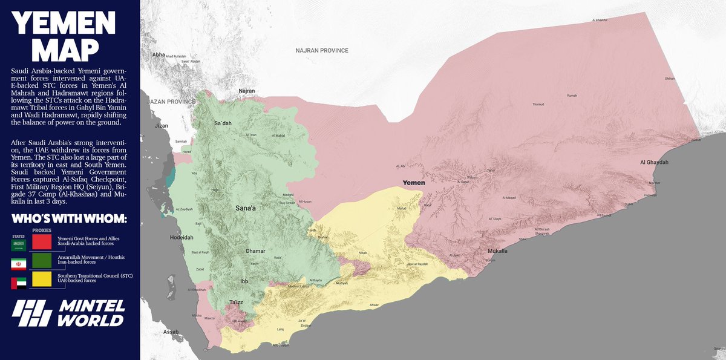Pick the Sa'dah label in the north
coord(223,123)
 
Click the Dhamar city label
coord(256,250)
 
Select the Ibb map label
coord(244,281)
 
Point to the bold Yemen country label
coord(414,183)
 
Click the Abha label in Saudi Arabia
coord(159,54)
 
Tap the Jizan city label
coord(162,126)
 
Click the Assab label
coord(171,332)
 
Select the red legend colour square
coord(41,242)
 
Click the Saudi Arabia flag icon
coord(19,244)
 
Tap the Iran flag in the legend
coord(19,264)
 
